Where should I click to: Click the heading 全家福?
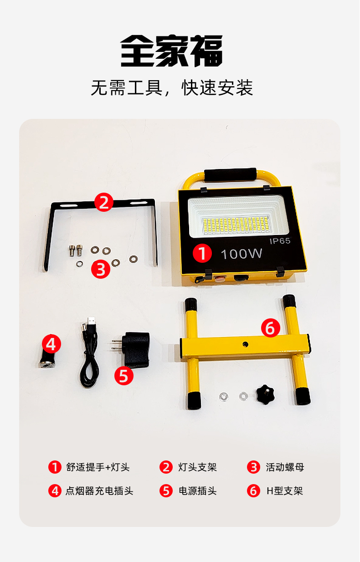[171, 51]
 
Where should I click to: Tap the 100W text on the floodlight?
[242, 254]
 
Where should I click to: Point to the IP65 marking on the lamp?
[280, 241]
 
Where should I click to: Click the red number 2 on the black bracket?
[104, 202]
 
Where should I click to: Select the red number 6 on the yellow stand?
[270, 328]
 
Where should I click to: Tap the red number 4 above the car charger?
[51, 344]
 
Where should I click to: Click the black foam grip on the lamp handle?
[230, 174]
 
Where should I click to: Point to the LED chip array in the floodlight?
[236, 225]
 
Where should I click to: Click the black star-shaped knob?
[265, 394]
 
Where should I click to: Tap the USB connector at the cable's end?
[92, 321]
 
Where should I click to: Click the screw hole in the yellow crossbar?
[245, 344]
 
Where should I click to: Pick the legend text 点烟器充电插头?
[99, 491]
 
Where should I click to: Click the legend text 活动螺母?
[285, 467]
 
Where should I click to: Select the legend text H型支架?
[285, 491]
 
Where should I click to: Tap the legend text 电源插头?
[198, 491]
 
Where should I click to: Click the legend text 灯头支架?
[198, 467]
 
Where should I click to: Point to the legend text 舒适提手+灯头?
[98, 467]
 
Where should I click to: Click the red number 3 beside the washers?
[100, 269]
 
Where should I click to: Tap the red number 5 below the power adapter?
[124, 376]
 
